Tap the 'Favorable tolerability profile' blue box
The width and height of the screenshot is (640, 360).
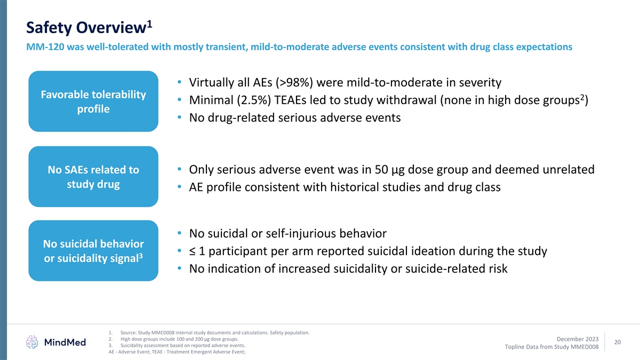[93, 101]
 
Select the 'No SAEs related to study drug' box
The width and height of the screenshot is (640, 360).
[93, 177]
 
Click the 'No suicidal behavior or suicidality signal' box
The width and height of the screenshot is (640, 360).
[93, 251]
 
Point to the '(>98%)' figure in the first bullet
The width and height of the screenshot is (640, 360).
[295, 83]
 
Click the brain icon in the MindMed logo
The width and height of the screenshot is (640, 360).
[33, 342]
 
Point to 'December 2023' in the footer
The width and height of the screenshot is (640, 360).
[577, 339]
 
